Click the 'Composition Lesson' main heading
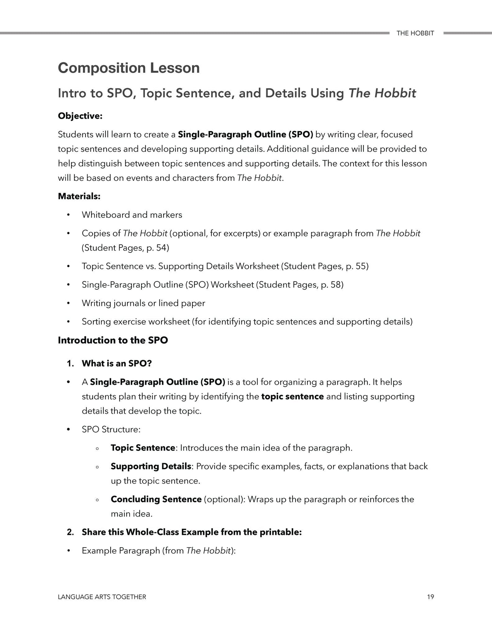click(129, 68)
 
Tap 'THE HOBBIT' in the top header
click(415, 33)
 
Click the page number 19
click(430, 597)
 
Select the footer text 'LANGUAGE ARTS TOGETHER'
click(102, 597)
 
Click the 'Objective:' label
click(80, 116)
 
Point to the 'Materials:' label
click(79, 196)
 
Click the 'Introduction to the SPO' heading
click(113, 340)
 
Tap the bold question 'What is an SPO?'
click(116, 363)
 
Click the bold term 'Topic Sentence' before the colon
click(143, 448)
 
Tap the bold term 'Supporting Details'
click(151, 466)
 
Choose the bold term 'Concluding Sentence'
click(156, 499)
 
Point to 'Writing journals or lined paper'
click(143, 303)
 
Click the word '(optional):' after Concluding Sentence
click(224, 499)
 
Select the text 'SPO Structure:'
click(111, 429)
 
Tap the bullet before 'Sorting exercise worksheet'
click(68, 322)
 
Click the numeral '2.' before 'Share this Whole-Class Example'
click(70, 532)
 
